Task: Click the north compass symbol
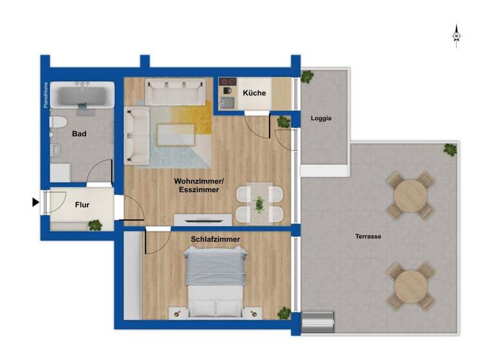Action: [x=456, y=36]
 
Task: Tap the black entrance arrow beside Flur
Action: [x=36, y=203]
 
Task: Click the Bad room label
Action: [x=79, y=134]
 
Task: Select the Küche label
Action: [x=254, y=93]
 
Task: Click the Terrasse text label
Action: [x=368, y=237]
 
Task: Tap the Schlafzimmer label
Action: [x=215, y=239]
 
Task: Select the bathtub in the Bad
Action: [x=82, y=96]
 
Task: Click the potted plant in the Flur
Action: [x=95, y=225]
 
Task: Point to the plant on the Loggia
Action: [x=307, y=76]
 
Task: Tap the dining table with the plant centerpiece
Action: [x=259, y=204]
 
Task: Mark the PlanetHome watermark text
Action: [x=46, y=94]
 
